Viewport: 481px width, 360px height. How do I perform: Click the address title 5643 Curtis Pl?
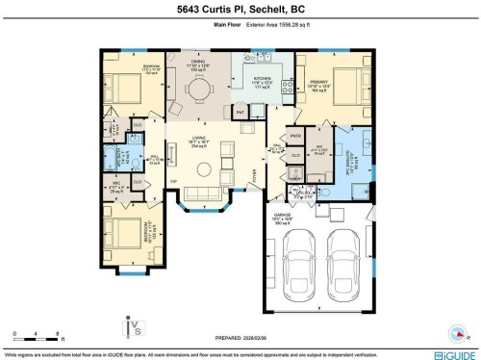coord(240,10)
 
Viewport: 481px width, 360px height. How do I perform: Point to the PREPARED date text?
coord(240,337)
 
